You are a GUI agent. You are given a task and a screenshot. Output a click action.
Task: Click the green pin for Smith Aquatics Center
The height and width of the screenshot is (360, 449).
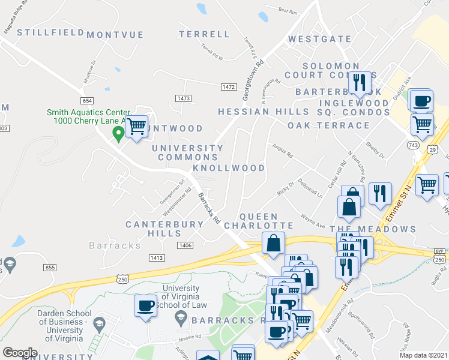[119, 135]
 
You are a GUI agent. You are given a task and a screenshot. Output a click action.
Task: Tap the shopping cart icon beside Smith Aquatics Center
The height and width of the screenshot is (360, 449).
[137, 126]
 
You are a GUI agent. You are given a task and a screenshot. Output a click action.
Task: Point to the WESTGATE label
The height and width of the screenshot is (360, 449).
[319, 39]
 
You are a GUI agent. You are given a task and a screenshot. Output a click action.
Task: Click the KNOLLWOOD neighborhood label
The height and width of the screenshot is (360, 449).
[229, 168]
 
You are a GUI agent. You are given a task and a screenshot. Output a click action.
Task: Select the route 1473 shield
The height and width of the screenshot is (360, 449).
[184, 98]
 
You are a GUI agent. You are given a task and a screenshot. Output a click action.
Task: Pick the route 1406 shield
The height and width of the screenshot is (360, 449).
[185, 245]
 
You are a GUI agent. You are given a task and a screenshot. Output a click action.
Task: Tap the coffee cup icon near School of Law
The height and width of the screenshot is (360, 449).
[145, 305]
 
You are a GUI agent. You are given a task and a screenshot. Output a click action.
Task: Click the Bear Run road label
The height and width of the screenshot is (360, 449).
[288, 11]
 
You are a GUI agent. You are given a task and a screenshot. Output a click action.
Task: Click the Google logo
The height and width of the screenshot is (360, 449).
[20, 353]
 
